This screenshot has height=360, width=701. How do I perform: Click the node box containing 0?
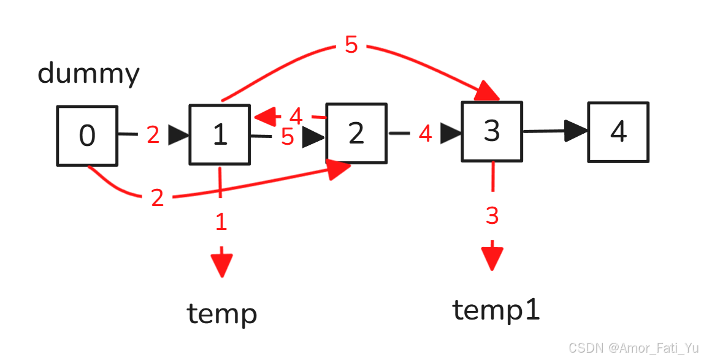(x=87, y=136)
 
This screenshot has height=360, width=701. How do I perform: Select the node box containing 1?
(x=220, y=134)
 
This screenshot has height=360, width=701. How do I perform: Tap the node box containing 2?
(x=356, y=133)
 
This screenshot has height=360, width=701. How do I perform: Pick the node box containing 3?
(x=491, y=131)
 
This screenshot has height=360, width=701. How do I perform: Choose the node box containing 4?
(x=618, y=132)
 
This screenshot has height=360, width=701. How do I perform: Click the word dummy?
(x=88, y=74)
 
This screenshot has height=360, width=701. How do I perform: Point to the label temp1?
(x=496, y=310)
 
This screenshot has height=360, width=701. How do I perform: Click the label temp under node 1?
(x=221, y=314)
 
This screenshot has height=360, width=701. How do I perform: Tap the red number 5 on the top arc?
(x=351, y=45)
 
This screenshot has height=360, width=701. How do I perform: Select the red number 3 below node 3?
(x=492, y=216)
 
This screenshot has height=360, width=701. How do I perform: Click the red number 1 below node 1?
(x=221, y=223)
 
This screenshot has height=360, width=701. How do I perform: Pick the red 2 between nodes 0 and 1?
(x=153, y=135)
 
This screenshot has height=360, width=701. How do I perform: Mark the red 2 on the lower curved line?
(x=158, y=198)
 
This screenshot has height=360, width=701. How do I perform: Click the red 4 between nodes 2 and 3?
(x=425, y=134)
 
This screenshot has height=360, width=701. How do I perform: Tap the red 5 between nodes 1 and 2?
(x=287, y=137)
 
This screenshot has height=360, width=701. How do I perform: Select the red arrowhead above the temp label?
(x=221, y=264)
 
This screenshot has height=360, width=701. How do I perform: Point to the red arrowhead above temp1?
(x=492, y=258)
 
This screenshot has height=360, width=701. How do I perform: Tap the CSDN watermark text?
(x=633, y=348)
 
